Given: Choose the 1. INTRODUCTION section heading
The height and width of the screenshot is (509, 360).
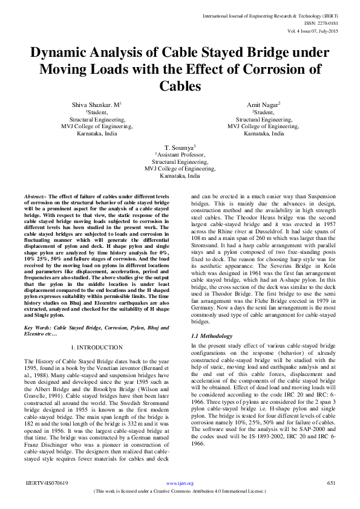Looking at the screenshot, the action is coord(96,347).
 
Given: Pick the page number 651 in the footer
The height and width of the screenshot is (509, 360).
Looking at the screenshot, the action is coord(330,483).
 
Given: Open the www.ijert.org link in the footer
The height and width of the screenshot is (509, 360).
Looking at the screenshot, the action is coord(180,484).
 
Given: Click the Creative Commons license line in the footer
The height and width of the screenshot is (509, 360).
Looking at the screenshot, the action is coord(180,491).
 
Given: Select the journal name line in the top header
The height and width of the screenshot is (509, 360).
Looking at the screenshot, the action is coord(288,7).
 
